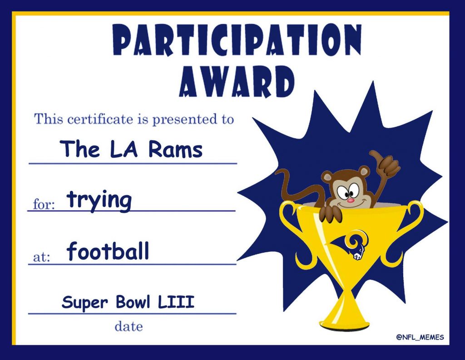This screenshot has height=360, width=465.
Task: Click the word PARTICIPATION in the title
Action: click(x=237, y=40)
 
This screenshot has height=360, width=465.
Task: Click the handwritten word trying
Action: click(x=99, y=200)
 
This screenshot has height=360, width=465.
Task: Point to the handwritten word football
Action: click(x=108, y=251)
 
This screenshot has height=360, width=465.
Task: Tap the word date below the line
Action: click(x=129, y=326)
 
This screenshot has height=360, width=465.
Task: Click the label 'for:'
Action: click(x=44, y=204)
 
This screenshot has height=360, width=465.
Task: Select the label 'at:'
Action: click(x=41, y=257)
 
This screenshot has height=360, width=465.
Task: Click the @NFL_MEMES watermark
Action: click(x=420, y=337)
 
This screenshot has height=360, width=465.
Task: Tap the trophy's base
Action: click(x=345, y=322)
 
